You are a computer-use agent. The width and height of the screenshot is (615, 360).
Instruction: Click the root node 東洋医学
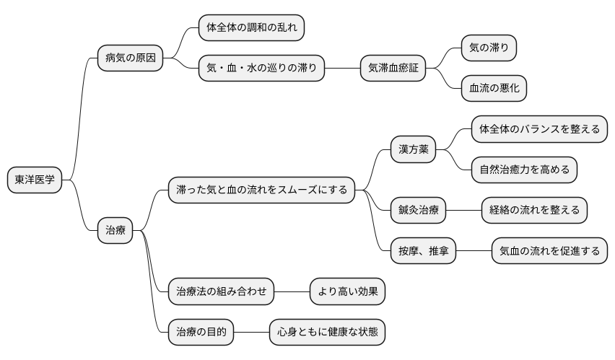pos(35,180)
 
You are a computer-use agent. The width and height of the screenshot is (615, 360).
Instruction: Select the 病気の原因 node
pos(130,57)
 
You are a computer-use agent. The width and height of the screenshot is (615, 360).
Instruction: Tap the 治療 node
pos(115,231)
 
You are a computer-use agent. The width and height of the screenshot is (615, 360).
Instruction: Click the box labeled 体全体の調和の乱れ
pos(251,28)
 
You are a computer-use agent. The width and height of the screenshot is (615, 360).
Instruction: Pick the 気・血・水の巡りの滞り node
pos(261,69)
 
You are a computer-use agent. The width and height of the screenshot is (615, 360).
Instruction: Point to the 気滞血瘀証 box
pos(393,69)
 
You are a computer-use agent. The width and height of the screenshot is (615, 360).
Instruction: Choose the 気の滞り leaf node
pos(489,48)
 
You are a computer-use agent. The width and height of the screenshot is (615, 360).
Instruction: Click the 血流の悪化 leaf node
pos(494,89)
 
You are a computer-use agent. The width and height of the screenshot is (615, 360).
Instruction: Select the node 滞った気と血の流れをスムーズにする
pos(262,190)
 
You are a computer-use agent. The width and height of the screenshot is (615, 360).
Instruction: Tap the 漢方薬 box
pos(414,150)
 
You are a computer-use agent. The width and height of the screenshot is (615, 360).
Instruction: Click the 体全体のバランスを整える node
pos(539,130)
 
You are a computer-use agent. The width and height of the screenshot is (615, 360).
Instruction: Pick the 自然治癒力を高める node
pos(524,170)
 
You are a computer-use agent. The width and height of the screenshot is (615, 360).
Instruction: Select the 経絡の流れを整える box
pos(534,211)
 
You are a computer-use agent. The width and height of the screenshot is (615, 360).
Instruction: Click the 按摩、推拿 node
pos(422,251)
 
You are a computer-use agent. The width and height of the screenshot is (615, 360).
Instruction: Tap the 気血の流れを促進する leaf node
pos(549,251)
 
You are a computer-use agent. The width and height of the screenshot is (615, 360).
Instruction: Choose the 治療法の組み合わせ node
pos(221,291)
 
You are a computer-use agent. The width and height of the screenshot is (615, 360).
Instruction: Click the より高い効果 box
pos(347,291)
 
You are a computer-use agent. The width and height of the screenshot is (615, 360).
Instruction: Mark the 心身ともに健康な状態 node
pos(327,332)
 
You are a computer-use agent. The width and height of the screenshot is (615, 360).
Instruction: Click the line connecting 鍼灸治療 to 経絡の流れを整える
pos(463,211)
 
